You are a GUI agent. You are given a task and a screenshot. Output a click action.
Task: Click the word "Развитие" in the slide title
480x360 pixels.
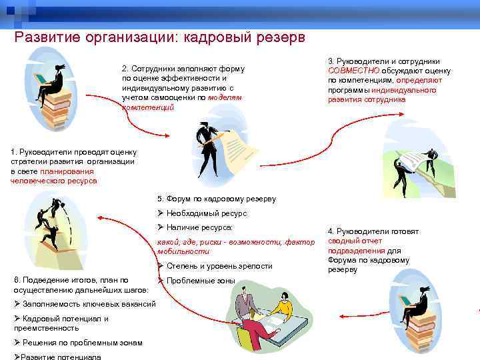47,38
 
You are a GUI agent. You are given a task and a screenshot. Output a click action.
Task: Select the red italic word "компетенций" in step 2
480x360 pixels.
147,107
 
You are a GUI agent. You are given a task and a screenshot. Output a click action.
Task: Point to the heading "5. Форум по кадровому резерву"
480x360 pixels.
216,199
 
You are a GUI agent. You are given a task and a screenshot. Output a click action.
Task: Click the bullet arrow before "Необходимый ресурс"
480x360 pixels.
161,213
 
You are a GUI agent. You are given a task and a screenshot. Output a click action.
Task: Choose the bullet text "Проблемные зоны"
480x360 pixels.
201,281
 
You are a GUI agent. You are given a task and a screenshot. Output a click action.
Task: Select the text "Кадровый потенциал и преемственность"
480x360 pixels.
61,323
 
